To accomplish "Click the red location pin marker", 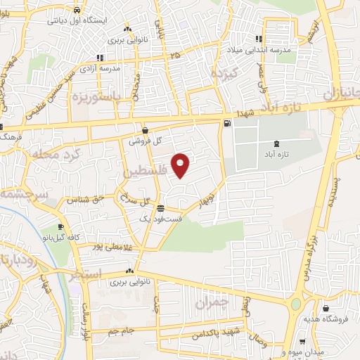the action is point(181,165).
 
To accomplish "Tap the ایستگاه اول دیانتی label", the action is point(77,20).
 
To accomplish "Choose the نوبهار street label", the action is point(208,195).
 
